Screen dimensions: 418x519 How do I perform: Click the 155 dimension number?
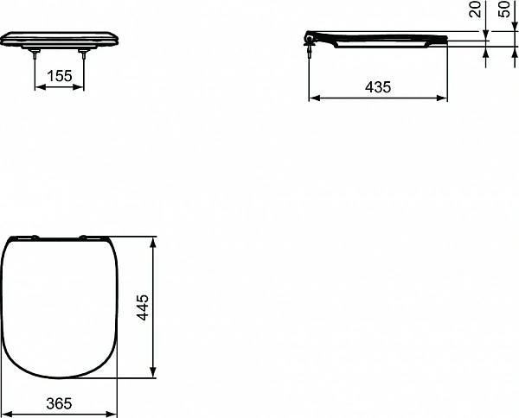pos(60,76)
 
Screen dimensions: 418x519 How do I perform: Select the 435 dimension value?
pos(378,86)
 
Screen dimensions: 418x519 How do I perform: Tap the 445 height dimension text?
pos(144,307)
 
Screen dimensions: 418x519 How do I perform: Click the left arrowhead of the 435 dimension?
pos(313,98)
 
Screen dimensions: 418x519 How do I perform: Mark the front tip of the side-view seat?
pos(445,40)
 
